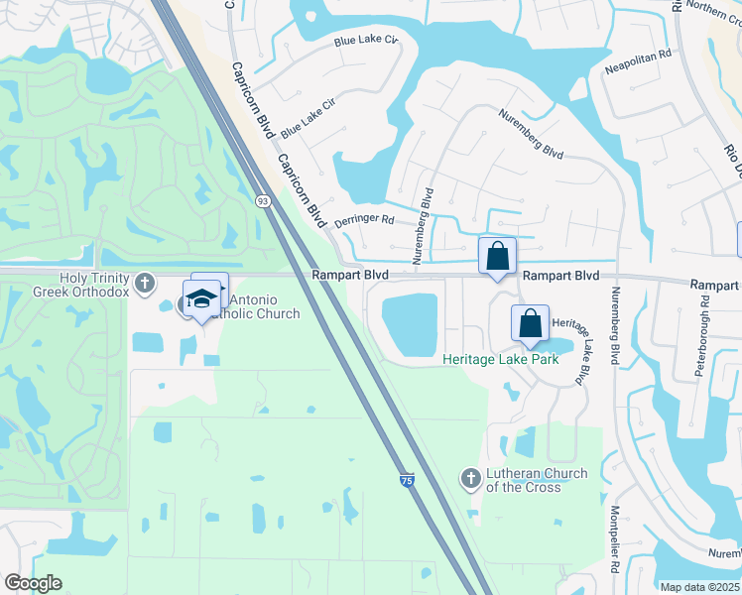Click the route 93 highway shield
[x=262, y=200]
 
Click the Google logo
[x=32, y=583]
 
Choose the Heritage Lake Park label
[x=500, y=359]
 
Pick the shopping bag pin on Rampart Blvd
[x=497, y=256]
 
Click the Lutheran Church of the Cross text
[x=536, y=480]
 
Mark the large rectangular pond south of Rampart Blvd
[x=410, y=324]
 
